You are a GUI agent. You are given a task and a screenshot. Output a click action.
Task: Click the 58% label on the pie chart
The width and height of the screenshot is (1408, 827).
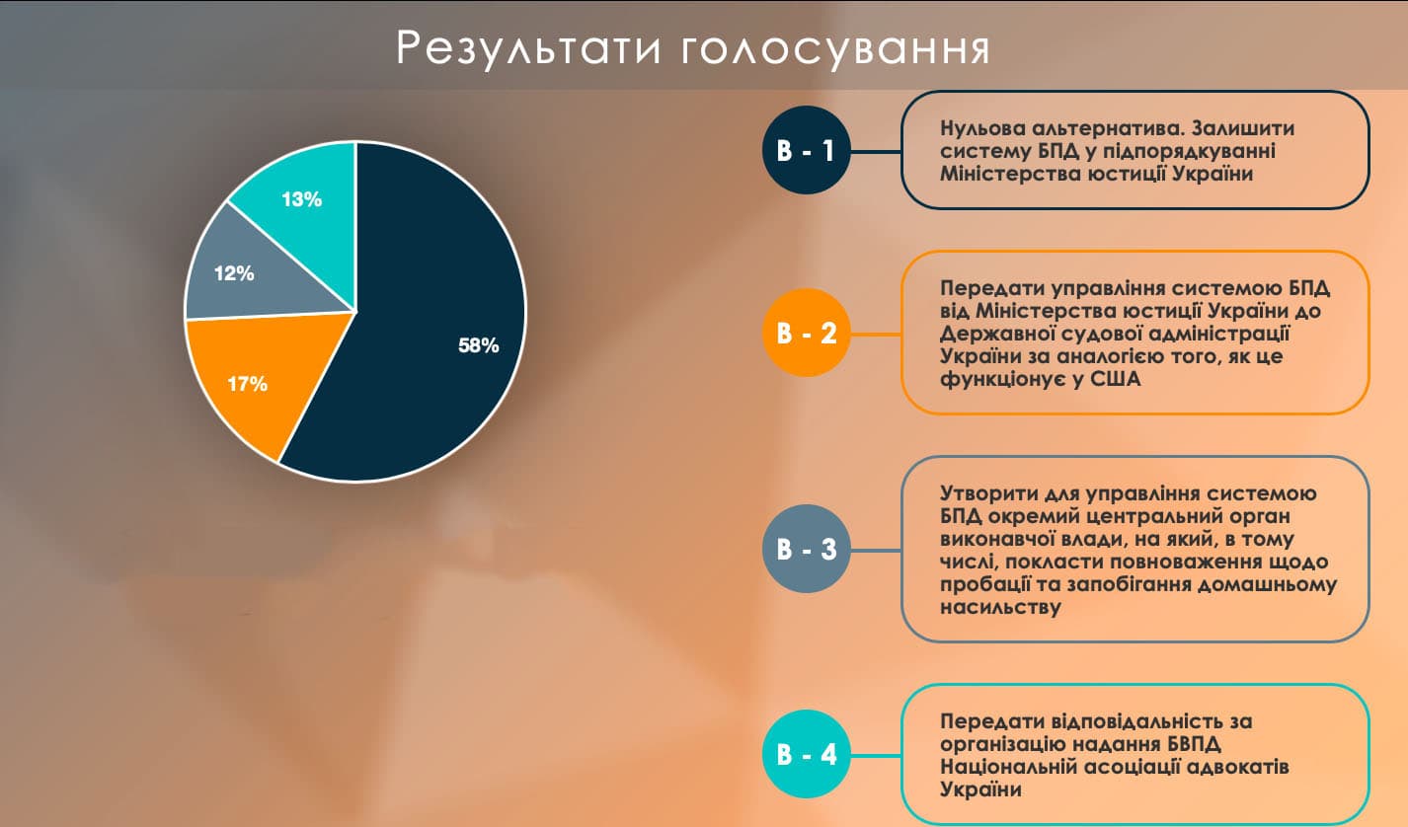coord(478,345)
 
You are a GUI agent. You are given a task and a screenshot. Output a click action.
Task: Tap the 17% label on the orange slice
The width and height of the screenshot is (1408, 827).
coord(247,383)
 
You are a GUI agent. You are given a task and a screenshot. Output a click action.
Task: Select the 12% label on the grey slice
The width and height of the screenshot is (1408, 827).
coord(234,273)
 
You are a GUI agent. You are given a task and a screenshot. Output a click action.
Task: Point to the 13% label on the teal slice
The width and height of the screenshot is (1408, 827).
coord(302,199)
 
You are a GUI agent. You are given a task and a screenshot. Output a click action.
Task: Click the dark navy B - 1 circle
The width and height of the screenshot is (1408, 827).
coord(806,150)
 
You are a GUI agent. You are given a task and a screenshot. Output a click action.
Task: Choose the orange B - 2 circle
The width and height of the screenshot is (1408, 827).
coord(806,333)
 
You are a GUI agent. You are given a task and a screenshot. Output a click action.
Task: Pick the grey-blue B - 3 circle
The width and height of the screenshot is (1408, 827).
coord(806,549)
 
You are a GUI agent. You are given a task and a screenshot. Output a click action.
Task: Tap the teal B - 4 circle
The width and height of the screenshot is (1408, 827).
coord(806,753)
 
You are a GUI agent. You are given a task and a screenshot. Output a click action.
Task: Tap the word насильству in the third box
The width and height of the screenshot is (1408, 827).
coord(1000,607)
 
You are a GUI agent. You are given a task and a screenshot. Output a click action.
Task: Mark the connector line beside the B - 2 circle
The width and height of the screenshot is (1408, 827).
coord(876,334)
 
